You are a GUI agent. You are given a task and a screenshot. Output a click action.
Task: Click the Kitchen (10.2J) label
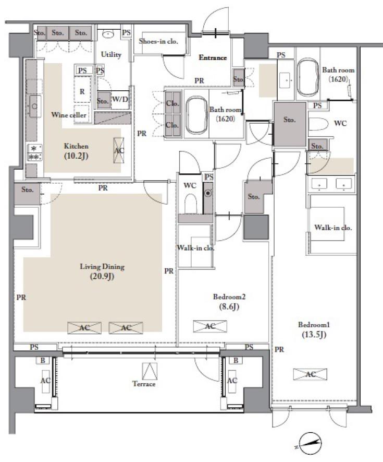76,151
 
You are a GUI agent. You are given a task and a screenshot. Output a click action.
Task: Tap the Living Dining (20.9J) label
102,271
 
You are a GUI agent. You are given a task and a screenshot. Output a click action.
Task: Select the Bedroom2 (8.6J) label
229,301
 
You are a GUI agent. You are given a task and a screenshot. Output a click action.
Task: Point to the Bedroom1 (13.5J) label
314,329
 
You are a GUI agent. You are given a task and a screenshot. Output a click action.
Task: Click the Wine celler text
69,115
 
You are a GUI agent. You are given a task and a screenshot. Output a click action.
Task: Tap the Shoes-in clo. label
158,41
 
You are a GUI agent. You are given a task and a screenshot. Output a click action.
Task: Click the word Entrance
213,57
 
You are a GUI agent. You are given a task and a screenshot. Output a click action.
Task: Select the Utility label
111,54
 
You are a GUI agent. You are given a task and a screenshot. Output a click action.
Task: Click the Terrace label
144,384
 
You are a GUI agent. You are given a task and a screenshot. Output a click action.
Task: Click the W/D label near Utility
120,99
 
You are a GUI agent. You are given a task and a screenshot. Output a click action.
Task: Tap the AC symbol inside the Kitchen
119,150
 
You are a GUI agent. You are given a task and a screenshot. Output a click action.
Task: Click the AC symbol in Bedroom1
310,374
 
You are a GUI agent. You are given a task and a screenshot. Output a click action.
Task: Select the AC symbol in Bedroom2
210,326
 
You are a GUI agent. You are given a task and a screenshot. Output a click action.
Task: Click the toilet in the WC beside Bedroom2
190,203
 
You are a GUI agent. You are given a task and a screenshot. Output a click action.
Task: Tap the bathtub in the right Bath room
307,77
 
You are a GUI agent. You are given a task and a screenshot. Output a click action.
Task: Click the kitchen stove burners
35,152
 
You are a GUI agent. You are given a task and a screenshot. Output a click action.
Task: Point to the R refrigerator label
82,91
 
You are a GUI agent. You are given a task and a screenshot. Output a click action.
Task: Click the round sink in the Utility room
108,34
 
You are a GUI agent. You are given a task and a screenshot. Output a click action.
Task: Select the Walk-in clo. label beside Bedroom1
333,228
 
